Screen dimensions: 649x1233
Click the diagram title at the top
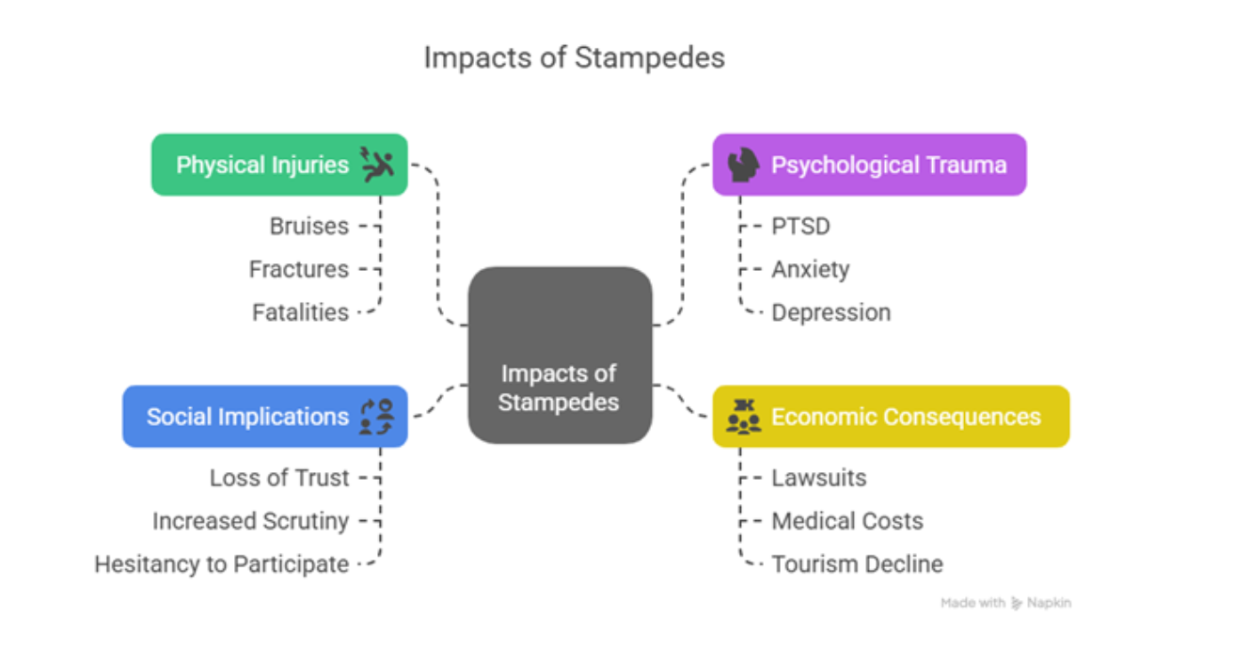574,57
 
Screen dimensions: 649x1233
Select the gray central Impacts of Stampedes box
560,355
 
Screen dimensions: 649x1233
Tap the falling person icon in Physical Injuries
378,165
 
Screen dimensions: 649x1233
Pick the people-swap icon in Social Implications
377,417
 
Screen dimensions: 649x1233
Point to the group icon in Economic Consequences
744,417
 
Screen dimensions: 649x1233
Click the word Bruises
308,226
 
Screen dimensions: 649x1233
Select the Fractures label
298,269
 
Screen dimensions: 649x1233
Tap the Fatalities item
300,312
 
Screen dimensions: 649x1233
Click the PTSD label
800,226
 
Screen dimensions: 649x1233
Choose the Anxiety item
810,269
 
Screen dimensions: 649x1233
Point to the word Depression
830,312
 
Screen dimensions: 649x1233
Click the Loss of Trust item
279,478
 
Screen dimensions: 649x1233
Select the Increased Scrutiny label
250,521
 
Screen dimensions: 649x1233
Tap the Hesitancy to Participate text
221,564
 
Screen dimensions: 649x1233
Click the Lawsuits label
818,478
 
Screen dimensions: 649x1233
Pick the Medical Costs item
846,521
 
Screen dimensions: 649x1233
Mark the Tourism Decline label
857,564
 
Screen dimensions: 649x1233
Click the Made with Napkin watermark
1005,603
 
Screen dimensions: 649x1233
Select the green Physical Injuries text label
262,166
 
